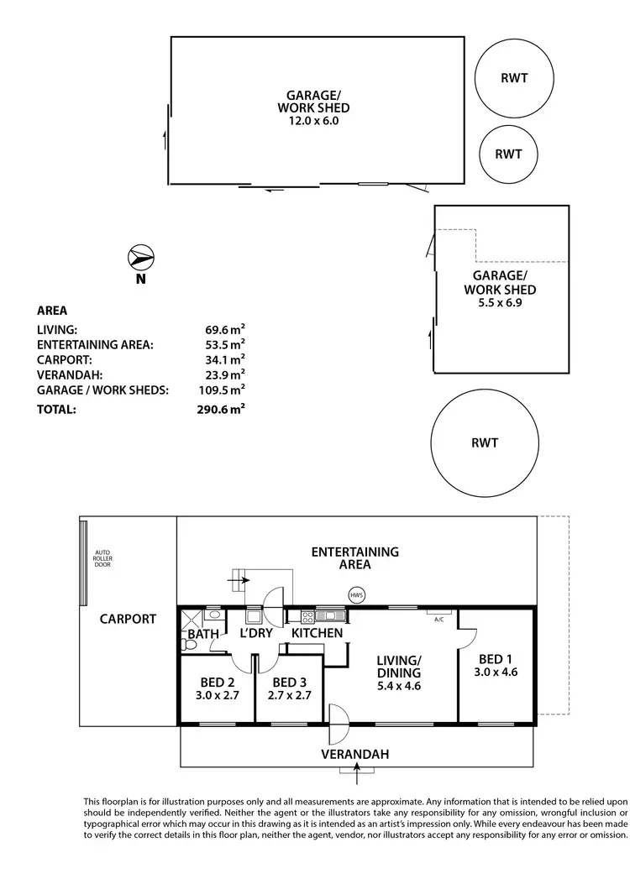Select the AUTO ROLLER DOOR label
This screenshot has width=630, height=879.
point(102,558)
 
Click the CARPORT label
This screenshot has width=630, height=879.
point(128,619)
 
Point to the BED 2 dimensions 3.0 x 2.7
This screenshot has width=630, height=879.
point(217,695)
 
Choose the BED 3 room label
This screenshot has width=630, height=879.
point(290,682)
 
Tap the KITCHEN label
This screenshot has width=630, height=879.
point(317,633)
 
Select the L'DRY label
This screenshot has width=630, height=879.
point(256,633)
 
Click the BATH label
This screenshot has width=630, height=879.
point(203,633)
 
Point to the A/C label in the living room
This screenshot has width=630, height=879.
point(438,620)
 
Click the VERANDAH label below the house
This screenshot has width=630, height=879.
point(355,755)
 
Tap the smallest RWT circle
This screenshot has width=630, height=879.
point(508,154)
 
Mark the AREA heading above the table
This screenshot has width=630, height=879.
point(52,310)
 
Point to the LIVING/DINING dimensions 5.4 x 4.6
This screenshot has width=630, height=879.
point(398,686)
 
